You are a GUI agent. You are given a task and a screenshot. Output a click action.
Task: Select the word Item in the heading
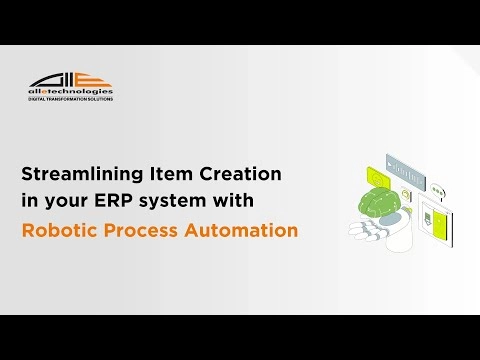pos(173,173)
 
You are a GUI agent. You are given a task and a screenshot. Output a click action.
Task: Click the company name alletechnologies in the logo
pos(70,92)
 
